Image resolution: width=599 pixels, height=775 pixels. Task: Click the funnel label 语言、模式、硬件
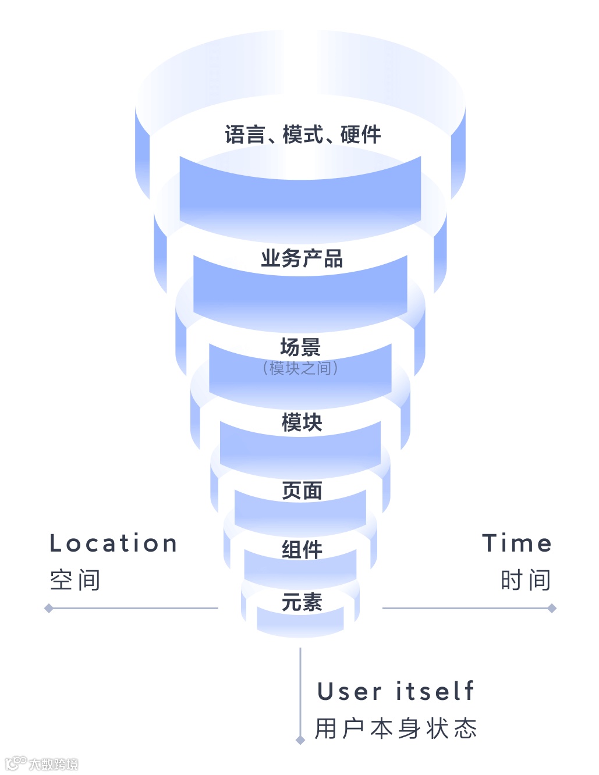[303, 135]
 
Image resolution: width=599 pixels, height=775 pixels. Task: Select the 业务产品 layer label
[302, 258]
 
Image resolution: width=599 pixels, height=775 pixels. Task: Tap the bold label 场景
[300, 347]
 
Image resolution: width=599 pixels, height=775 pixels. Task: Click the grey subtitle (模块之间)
[300, 368]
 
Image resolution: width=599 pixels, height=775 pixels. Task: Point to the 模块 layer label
[302, 422]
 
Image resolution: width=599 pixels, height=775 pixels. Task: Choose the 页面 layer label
[302, 490]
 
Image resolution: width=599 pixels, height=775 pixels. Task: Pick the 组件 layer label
[302, 549]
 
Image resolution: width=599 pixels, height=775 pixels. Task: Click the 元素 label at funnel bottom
[302, 602]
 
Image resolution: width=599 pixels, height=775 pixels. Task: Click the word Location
[114, 543]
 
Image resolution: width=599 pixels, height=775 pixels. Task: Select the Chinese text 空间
[75, 580]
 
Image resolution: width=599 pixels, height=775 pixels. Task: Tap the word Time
[517, 543]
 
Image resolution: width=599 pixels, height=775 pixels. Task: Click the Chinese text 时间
[526, 580]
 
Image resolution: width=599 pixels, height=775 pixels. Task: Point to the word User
[349, 692]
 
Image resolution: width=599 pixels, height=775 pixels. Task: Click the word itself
[435, 692]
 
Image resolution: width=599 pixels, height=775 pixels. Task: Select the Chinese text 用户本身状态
[396, 728]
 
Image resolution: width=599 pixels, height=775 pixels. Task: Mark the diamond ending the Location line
[49, 609]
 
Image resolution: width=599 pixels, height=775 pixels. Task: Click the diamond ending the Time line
[552, 609]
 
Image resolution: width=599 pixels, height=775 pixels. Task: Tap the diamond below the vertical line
[300, 740]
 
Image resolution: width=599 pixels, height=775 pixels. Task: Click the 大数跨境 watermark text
[54, 764]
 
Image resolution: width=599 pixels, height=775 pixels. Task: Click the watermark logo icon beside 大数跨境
[16, 763]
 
